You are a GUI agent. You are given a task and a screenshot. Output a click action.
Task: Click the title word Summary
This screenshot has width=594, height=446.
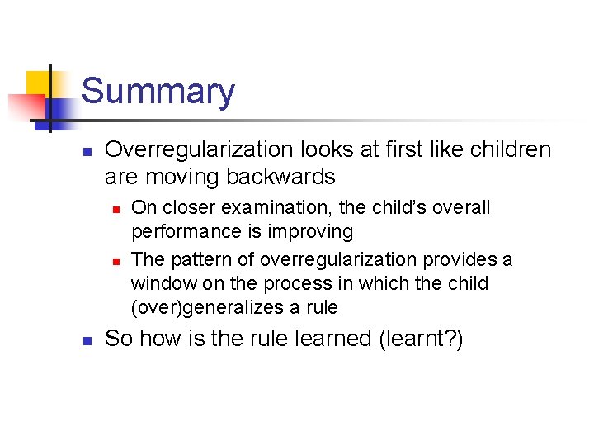click(158, 91)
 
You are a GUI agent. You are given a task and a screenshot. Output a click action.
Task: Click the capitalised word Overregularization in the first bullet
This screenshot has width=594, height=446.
click(199, 149)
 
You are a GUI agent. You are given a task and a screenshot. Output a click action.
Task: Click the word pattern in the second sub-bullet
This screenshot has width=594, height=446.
click(196, 259)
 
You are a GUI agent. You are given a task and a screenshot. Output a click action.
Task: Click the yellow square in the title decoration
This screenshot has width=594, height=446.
click(40, 83)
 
